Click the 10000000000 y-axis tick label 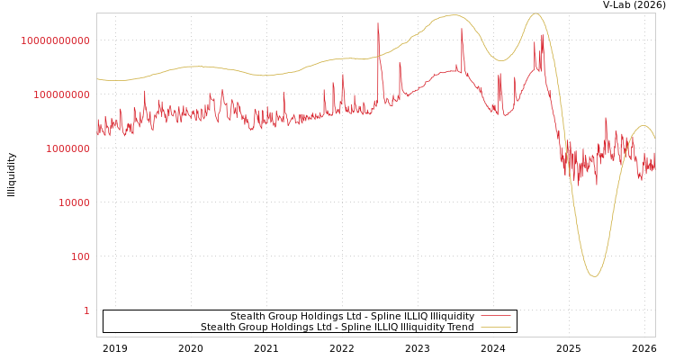pyautogui.click(x=56, y=40)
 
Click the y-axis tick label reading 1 pyautogui.click(x=86, y=310)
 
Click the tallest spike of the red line pyautogui.click(x=378, y=23)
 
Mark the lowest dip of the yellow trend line pyautogui.click(x=594, y=275)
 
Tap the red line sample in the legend pyautogui.click(x=495, y=316)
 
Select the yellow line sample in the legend pyautogui.click(x=495, y=327)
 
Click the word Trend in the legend pyautogui.click(x=459, y=327)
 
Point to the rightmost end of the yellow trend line pyautogui.click(x=654, y=137)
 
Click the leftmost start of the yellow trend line pyautogui.click(x=97, y=79)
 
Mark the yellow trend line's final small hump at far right pyautogui.click(x=643, y=126)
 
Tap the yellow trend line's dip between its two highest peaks pyautogui.click(x=501, y=60)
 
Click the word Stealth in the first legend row pyautogui.click(x=247, y=316)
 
